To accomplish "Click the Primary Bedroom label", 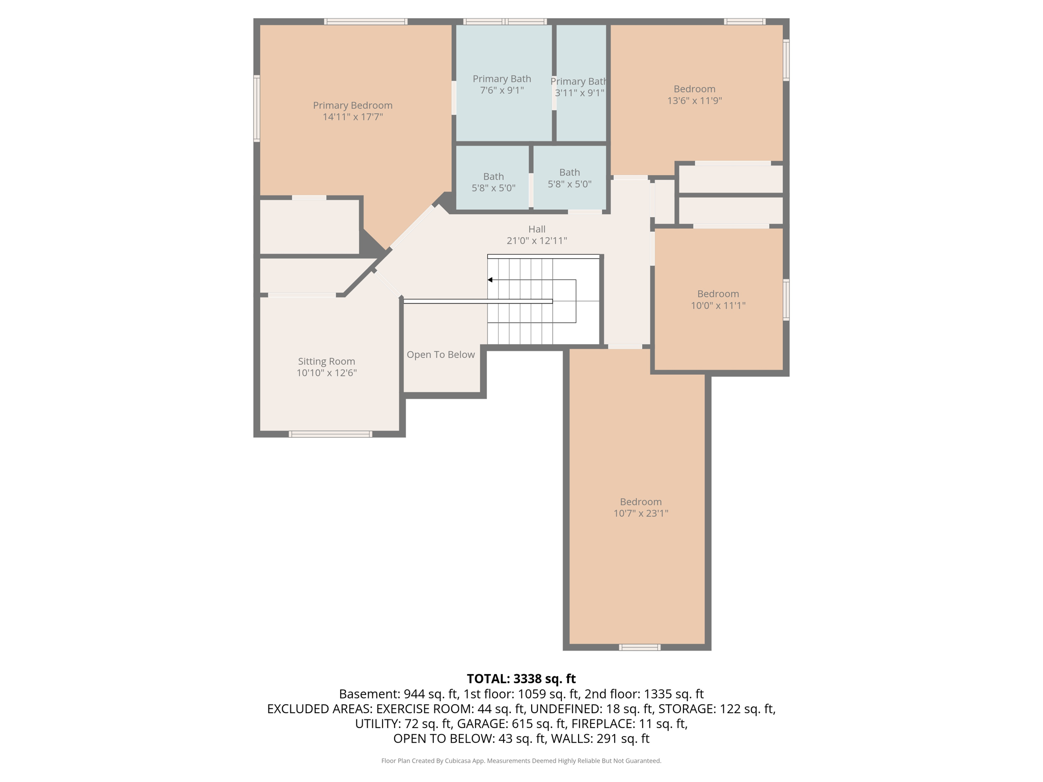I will click(352, 105).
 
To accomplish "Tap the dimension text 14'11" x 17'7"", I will click(352, 117).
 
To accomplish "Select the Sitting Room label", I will click(326, 361).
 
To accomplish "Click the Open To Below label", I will click(441, 355).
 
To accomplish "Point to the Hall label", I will click(537, 229).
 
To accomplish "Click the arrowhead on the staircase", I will click(490, 280).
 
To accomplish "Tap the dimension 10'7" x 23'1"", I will click(641, 513).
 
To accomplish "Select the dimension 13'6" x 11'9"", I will click(694, 101).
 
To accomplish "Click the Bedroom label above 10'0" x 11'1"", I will click(718, 294).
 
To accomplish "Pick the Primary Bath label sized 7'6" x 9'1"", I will click(502, 79).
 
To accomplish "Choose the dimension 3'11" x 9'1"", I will click(580, 93).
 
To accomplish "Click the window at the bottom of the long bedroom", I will click(640, 647).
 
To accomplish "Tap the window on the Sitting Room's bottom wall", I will click(330, 434).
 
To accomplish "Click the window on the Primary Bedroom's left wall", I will click(257, 108).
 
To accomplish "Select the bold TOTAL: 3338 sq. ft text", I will click(521, 679).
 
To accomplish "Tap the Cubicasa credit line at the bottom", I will click(521, 761).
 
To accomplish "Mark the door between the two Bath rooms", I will click(531, 190).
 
